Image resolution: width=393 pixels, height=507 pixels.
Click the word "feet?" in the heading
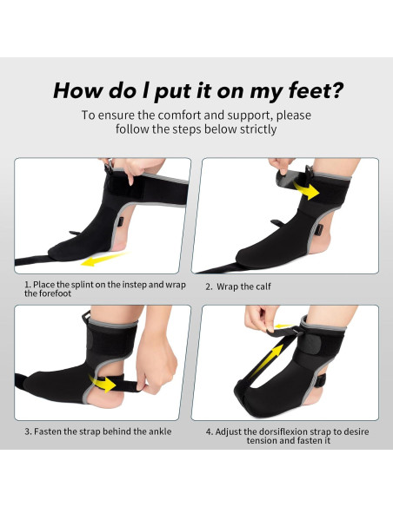point(316,90)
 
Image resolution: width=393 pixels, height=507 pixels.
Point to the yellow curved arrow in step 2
point(307,190)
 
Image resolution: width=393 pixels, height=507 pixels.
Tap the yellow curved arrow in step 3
point(102,383)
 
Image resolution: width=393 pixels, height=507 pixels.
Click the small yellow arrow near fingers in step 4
point(283,326)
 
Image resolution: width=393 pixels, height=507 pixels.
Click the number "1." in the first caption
point(28,285)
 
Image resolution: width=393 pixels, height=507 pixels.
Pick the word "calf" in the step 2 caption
point(263,286)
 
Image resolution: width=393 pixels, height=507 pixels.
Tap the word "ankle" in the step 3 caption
point(160,431)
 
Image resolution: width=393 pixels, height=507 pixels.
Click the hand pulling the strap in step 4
point(260,319)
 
